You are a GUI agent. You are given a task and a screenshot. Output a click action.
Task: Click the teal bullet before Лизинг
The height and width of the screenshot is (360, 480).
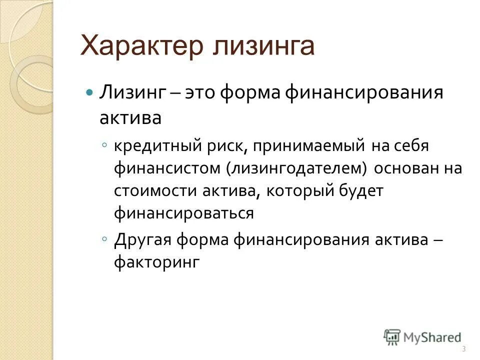click(x=90, y=93)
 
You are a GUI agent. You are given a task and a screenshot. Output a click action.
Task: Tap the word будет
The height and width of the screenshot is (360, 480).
click(x=360, y=191)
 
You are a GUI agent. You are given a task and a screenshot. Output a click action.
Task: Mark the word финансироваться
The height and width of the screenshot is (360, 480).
click(x=183, y=213)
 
